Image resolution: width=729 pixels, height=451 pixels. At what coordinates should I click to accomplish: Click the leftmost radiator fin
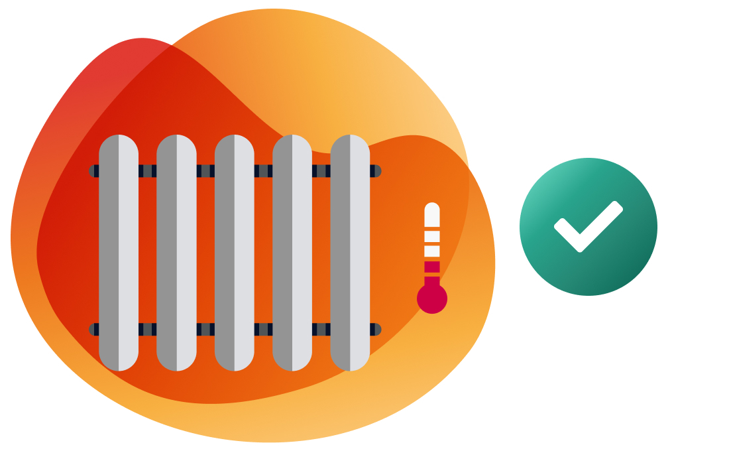point(119,252)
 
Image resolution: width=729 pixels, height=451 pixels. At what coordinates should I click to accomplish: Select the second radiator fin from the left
point(176,252)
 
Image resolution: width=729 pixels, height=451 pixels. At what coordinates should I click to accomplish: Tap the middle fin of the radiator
point(235,252)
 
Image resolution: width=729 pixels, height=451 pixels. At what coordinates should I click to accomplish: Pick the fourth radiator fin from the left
point(292,252)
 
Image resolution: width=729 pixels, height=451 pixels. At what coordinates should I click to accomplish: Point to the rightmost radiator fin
point(350,252)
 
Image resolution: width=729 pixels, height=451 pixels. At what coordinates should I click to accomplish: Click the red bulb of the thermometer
point(432,298)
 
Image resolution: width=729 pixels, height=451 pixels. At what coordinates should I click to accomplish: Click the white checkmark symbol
point(587,225)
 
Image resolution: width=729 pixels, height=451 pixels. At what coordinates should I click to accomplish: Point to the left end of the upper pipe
point(93,171)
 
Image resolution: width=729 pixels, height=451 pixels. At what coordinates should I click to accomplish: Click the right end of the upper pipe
point(376,171)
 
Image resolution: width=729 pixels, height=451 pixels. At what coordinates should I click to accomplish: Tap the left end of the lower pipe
point(93,330)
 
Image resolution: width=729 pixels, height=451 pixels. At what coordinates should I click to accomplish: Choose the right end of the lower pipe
point(376,330)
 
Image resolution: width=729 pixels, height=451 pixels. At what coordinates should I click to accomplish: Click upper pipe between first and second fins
point(148,171)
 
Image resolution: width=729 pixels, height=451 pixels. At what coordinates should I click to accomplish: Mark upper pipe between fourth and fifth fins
point(321,171)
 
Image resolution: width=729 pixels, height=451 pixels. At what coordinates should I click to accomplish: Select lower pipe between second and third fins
point(205,330)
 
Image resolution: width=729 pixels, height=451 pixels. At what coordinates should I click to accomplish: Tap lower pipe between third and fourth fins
point(264,330)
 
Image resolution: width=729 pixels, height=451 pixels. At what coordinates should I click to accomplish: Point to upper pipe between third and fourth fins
point(264,171)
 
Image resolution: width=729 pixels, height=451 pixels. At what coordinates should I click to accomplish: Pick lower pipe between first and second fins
point(148,330)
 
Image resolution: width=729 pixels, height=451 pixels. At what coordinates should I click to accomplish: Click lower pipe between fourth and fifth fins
point(321,330)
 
